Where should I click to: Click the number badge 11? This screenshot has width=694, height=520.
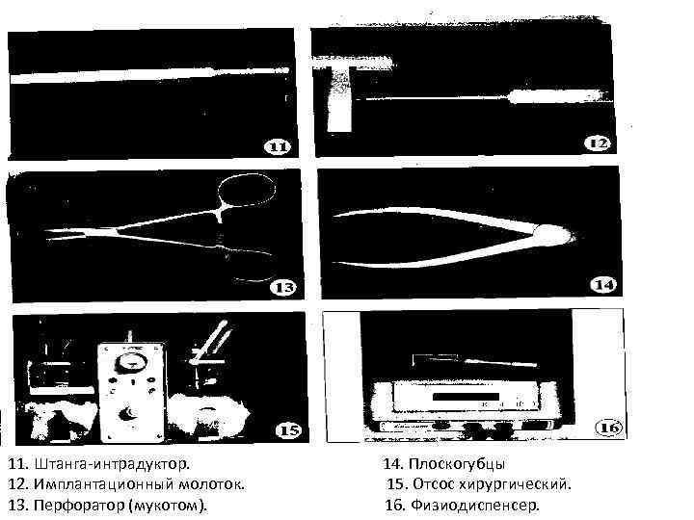[277, 147]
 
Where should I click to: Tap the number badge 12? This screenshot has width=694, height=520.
[598, 143]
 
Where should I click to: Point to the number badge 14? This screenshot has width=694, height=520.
[603, 285]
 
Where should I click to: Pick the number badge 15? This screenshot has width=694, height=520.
[288, 430]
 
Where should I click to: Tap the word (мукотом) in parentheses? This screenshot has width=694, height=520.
[168, 504]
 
